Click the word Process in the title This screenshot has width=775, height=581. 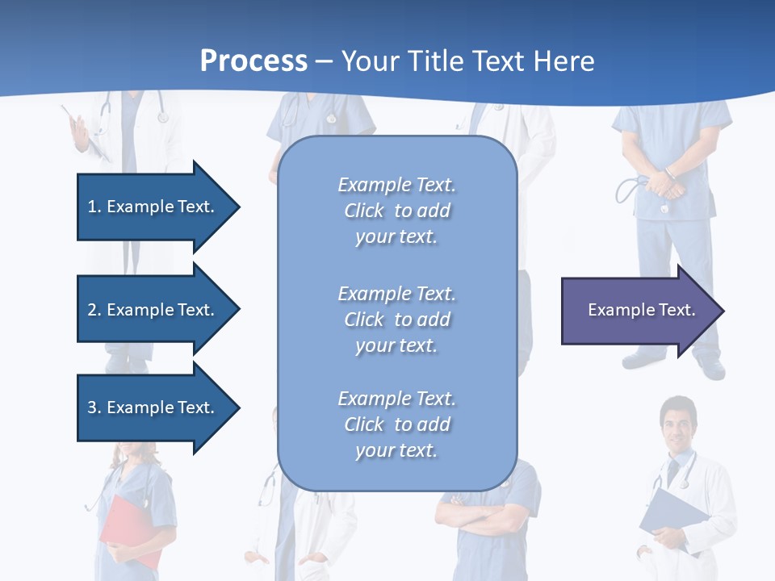point(253,61)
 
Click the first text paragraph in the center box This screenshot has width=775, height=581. point(396,211)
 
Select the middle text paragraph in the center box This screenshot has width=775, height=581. point(396,320)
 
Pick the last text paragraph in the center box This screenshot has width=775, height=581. point(396,424)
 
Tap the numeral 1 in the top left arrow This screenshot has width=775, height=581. point(92,207)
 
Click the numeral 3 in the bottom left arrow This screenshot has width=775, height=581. point(92,408)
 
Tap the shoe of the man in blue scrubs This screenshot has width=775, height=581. point(710,369)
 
